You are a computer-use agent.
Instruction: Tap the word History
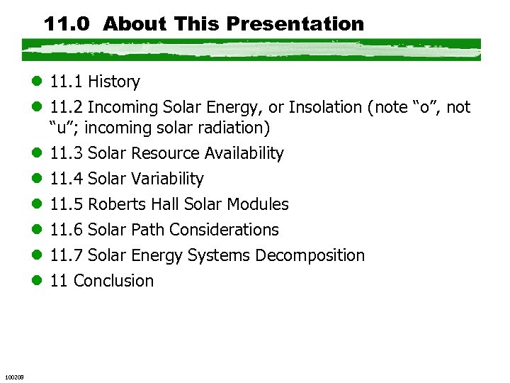114,82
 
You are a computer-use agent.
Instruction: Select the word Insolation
324,107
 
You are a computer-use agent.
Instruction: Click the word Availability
244,154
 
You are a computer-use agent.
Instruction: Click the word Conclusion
113,281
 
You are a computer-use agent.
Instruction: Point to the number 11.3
67,154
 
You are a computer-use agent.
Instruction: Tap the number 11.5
67,204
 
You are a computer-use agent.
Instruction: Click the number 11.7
67,255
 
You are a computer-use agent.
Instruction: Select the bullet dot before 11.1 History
36,82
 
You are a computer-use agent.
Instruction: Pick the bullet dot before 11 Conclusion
36,281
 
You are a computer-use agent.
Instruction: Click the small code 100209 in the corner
14,376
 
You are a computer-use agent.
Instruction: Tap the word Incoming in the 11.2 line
118,107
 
